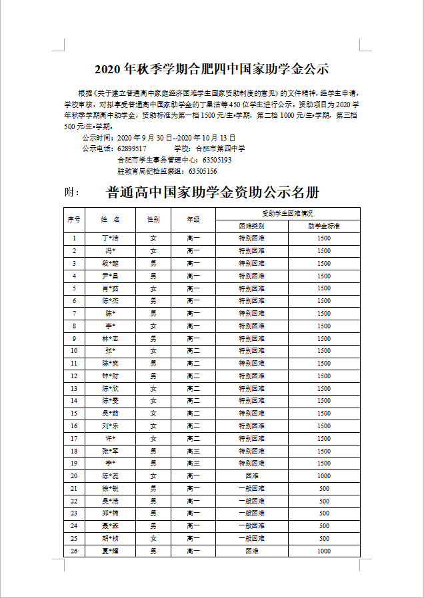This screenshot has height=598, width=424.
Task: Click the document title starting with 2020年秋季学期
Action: click(x=212, y=69)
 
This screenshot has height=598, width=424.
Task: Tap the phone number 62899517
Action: click(x=131, y=149)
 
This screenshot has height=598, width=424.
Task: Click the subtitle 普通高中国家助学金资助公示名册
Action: click(x=213, y=192)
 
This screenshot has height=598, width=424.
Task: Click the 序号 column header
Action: click(x=74, y=219)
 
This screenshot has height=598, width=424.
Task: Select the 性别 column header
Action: click(x=153, y=219)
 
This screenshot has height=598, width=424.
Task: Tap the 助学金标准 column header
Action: click(x=324, y=226)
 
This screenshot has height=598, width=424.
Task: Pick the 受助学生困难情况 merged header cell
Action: click(x=287, y=214)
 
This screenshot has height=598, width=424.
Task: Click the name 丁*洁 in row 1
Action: click(x=110, y=238)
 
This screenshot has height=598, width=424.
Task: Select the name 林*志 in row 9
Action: click(x=110, y=338)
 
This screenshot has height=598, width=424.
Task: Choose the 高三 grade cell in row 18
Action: click(x=193, y=451)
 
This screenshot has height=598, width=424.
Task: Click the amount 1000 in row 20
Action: click(x=324, y=476)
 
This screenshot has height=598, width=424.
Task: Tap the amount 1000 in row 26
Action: click(x=324, y=551)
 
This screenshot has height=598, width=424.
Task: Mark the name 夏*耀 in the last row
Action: click(x=110, y=551)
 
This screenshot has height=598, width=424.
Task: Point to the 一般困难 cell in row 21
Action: click(x=251, y=488)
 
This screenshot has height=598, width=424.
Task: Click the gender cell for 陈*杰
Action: click(x=153, y=301)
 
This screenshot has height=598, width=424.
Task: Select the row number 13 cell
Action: click(x=74, y=388)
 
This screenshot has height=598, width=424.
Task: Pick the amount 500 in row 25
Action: click(x=324, y=538)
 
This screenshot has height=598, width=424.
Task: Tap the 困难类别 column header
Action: click(x=251, y=226)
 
